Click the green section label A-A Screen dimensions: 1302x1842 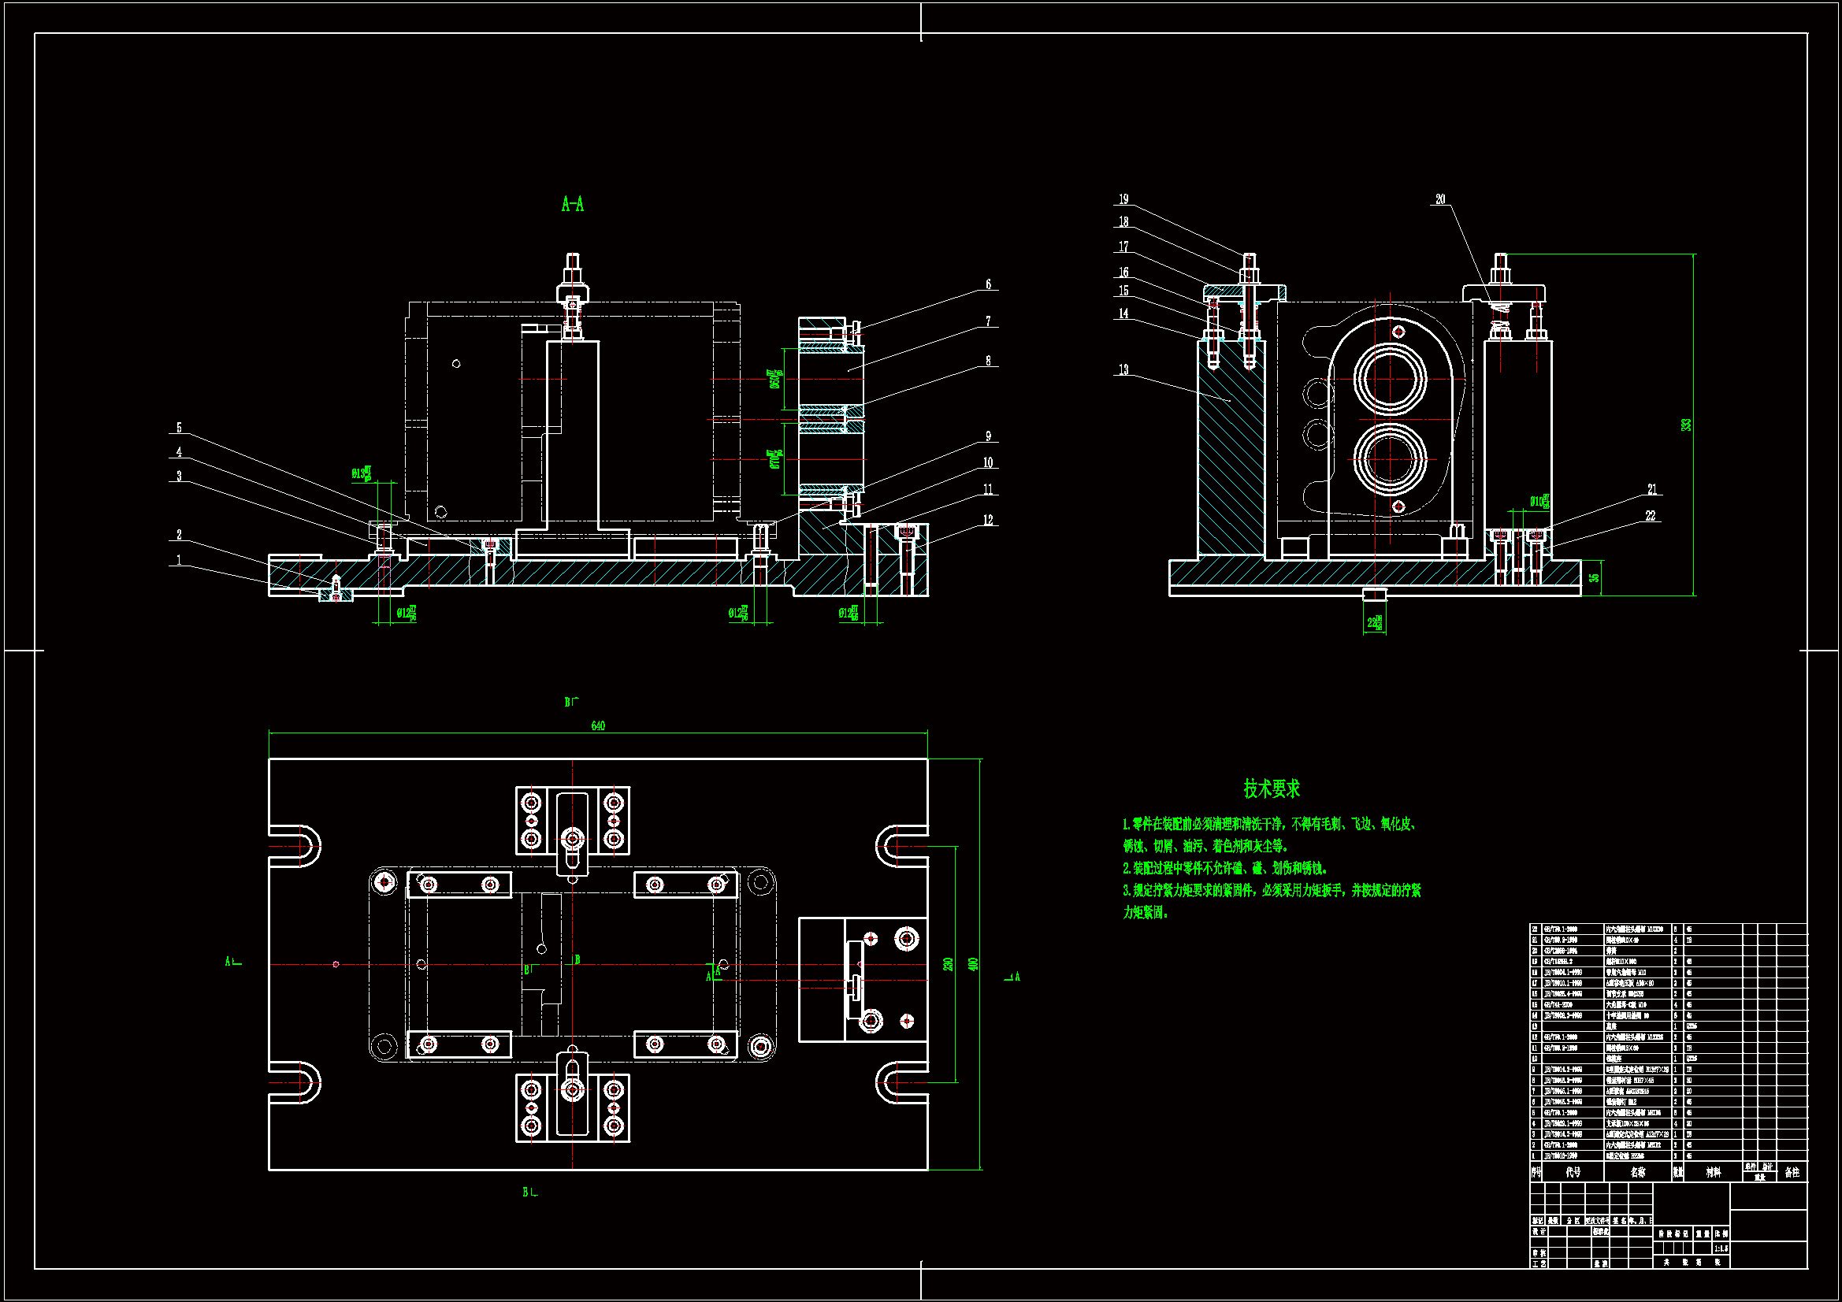pyautogui.click(x=573, y=205)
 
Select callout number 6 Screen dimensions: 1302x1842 pyautogui.click(x=989, y=285)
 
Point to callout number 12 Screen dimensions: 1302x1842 pyautogui.click(x=989, y=521)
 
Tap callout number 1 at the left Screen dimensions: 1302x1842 pyautogui.click(x=179, y=561)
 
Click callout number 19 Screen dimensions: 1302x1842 pyautogui.click(x=1124, y=200)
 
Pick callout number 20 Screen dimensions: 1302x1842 pyautogui.click(x=1441, y=200)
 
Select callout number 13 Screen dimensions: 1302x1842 pyautogui.click(x=1123, y=370)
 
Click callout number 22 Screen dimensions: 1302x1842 pyautogui.click(x=1651, y=516)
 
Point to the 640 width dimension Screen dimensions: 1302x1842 pyautogui.click(x=598, y=726)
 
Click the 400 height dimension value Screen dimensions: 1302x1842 pyautogui.click(x=973, y=963)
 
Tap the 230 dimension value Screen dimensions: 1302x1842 pyautogui.click(x=949, y=963)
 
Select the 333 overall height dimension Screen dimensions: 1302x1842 pyautogui.click(x=1686, y=425)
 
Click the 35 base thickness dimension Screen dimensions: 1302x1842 pyautogui.click(x=1594, y=577)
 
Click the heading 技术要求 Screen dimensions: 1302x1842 pyautogui.click(x=1272, y=788)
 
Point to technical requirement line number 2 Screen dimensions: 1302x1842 pyautogui.click(x=1226, y=868)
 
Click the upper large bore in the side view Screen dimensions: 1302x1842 pyautogui.click(x=1391, y=379)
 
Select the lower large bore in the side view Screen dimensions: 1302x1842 pyautogui.click(x=1391, y=459)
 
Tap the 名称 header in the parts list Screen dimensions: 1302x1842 pyautogui.click(x=1637, y=1172)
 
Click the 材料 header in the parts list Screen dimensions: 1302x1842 pyautogui.click(x=1713, y=1172)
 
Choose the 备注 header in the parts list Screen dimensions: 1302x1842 pyautogui.click(x=1792, y=1172)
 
